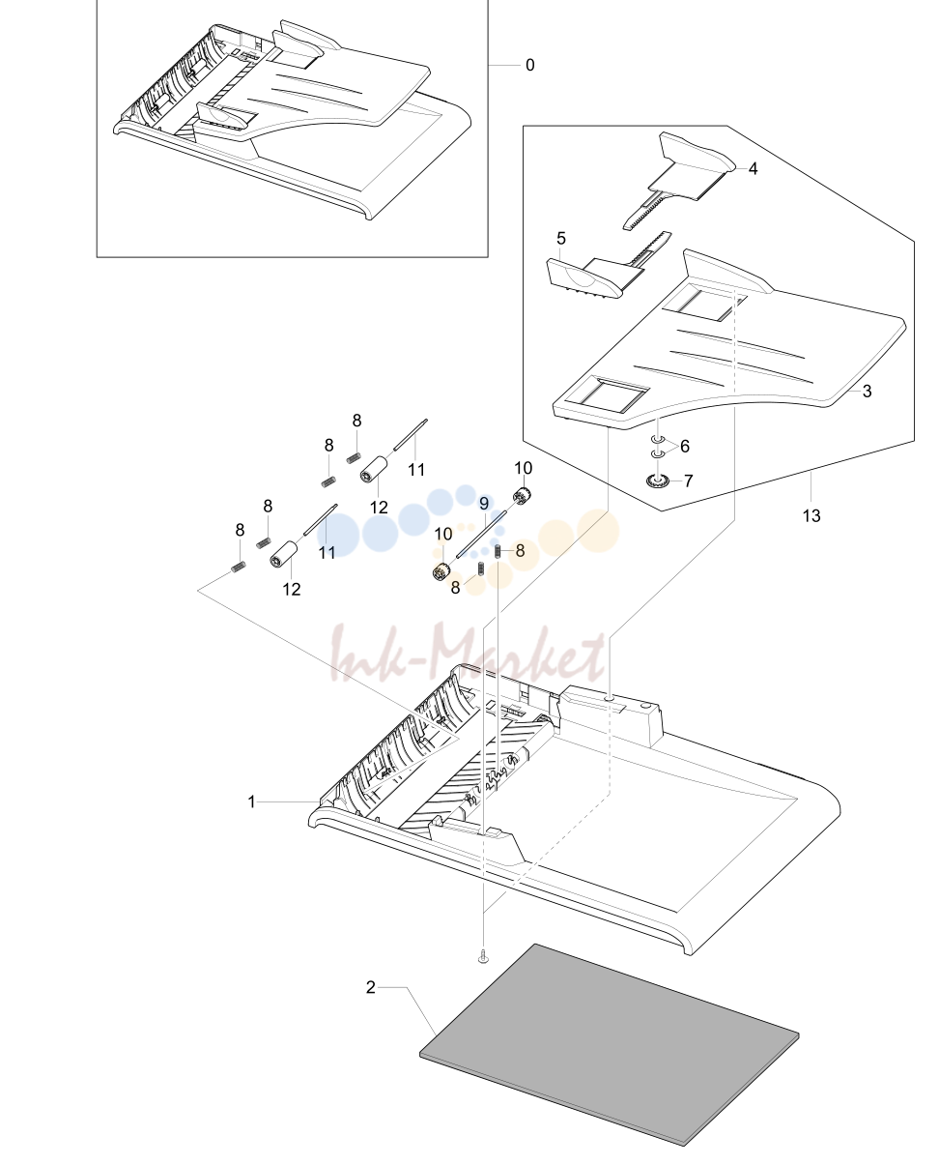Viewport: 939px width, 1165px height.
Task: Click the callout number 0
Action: click(x=530, y=65)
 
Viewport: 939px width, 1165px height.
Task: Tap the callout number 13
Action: click(x=811, y=516)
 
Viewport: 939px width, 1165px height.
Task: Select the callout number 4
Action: click(x=753, y=169)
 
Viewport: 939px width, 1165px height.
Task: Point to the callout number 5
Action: click(x=561, y=238)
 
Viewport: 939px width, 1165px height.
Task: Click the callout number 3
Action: click(x=867, y=391)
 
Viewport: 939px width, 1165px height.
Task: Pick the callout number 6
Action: click(x=685, y=446)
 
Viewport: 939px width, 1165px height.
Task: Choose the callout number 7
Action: click(x=689, y=481)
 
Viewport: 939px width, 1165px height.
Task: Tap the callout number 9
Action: click(x=484, y=504)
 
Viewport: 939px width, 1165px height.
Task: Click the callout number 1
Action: click(x=251, y=801)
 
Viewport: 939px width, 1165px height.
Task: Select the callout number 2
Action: click(x=371, y=987)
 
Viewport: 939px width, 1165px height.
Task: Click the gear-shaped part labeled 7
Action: click(x=657, y=480)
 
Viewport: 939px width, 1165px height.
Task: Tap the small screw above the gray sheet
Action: click(x=484, y=958)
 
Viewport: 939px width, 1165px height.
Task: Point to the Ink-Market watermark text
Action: click(x=468, y=654)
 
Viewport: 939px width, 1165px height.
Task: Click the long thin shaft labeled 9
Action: click(x=482, y=533)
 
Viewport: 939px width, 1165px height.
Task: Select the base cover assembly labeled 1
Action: click(x=574, y=812)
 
